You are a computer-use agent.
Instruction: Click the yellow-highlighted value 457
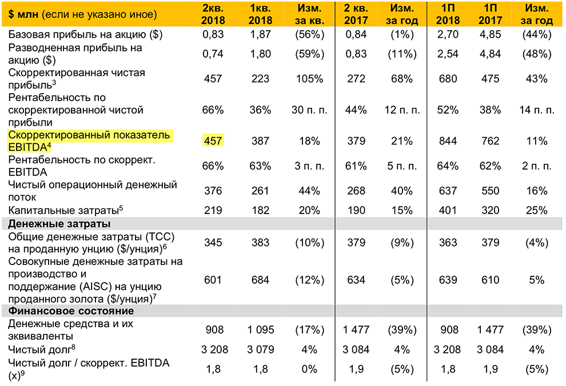point(213,141)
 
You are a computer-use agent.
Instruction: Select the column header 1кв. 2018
point(261,14)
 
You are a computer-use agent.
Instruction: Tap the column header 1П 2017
point(491,14)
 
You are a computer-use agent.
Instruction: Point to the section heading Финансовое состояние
point(71,311)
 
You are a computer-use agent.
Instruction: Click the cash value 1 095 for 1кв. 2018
point(261,330)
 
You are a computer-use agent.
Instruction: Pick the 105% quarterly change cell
point(309,79)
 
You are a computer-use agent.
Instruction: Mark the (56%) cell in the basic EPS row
point(309,35)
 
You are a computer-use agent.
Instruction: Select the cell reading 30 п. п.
point(309,110)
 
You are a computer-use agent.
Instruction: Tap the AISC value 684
point(261,280)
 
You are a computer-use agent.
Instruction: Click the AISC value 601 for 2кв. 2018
point(213,280)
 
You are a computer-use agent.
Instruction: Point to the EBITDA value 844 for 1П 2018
point(447,141)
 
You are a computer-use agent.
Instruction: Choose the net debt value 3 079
point(261,349)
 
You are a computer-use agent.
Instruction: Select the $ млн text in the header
point(22,14)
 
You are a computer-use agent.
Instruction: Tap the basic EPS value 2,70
point(447,35)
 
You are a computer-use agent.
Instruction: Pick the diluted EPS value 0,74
point(213,54)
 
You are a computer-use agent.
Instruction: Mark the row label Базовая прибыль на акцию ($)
point(86,35)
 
